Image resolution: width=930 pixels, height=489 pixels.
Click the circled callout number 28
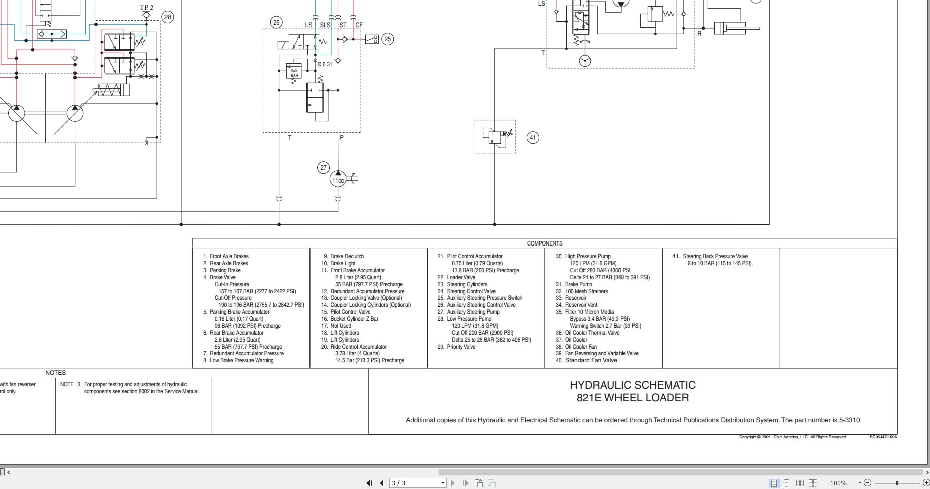pyautogui.click(x=167, y=17)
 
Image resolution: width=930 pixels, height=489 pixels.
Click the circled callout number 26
pyautogui.click(x=276, y=22)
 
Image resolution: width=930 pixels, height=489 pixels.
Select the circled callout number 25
pyautogui.click(x=387, y=39)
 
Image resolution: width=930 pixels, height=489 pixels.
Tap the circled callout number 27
pyautogui.click(x=323, y=168)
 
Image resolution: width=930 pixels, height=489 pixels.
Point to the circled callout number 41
pyautogui.click(x=533, y=138)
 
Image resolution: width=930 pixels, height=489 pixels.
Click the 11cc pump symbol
pyautogui.click(x=338, y=180)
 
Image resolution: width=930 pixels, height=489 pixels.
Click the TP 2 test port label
pyautogui.click(x=146, y=8)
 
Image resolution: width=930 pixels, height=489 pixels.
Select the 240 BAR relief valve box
pyautogui.click(x=294, y=73)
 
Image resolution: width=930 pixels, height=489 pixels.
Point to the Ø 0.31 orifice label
pyautogui.click(x=325, y=64)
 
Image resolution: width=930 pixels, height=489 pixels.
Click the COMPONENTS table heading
pyautogui.click(x=544, y=243)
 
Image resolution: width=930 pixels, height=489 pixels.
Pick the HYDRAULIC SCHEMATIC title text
pyautogui.click(x=633, y=385)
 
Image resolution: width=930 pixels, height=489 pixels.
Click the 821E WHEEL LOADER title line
pyautogui.click(x=633, y=398)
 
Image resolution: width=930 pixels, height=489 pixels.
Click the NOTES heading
pyautogui.click(x=56, y=373)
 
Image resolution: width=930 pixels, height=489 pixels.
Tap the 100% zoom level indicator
pyautogui.click(x=838, y=483)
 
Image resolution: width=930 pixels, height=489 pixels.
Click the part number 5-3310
pyautogui.click(x=849, y=420)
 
